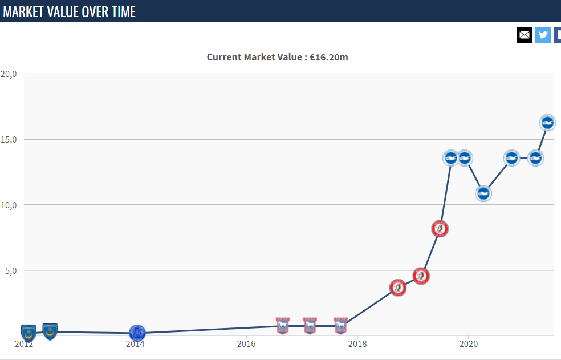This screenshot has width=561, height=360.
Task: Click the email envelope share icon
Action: coord(525,35)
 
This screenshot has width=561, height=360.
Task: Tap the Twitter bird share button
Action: coord(543,35)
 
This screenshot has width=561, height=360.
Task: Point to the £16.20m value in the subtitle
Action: coord(328,57)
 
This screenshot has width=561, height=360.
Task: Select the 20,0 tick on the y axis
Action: coord(9,74)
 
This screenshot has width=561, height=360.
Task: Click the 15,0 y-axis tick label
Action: coord(9,139)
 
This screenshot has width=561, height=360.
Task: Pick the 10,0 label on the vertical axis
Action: coord(9,205)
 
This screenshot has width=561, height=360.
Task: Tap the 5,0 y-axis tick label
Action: coord(11,270)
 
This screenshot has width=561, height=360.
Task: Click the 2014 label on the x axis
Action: coord(135,344)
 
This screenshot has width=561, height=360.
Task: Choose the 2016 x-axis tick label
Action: coord(246,344)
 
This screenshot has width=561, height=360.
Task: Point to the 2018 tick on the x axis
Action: coord(357,344)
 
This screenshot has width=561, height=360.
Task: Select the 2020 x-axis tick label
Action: coord(468,344)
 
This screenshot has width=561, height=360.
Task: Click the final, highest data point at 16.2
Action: coord(547,122)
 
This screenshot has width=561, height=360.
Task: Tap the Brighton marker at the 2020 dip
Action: coord(483,193)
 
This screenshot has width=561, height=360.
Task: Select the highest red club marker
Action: coord(440,229)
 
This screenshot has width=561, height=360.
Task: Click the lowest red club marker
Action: coord(398,288)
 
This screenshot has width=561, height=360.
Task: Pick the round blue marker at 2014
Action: coord(137,333)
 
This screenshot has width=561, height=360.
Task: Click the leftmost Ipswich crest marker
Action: coord(282,326)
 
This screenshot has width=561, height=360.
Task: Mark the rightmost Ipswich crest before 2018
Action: coord(340,326)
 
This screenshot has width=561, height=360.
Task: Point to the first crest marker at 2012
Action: coord(29,332)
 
